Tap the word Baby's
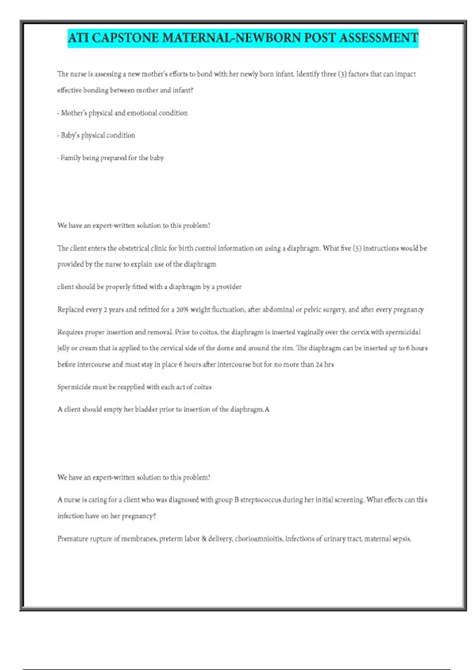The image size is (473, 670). [x=70, y=135]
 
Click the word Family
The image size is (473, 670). [x=71, y=158]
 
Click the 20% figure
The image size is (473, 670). [x=182, y=310]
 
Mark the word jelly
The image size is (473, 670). [x=63, y=348]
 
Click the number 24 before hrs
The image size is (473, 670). [x=319, y=365]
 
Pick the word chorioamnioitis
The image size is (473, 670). [x=259, y=539]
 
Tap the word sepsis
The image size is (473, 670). [x=402, y=539]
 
